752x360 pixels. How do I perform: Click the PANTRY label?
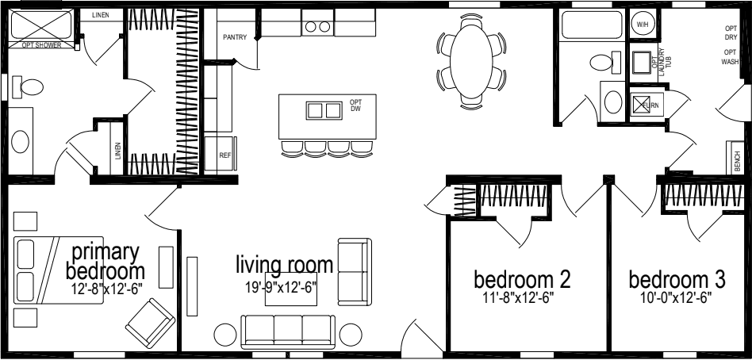click(235, 36)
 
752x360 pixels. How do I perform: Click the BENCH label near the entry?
click(738, 162)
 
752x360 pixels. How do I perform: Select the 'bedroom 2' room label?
click(522, 280)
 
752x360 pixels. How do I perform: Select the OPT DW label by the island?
click(355, 105)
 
